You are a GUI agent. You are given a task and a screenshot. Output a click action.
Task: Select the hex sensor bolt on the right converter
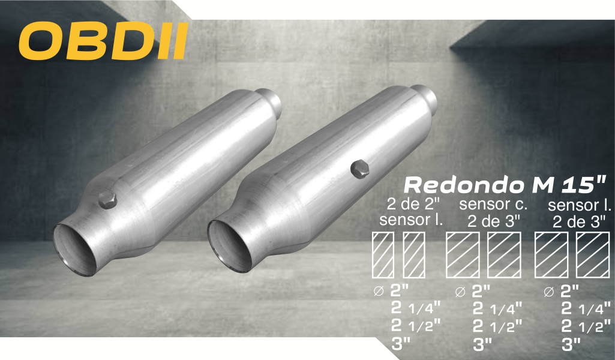coord(359,169)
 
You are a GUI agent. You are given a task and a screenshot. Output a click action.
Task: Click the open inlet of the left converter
coord(75,250)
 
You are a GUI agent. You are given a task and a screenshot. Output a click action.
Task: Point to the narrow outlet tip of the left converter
coord(270,102)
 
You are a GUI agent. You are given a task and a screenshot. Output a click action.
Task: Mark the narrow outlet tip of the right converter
coord(425,98)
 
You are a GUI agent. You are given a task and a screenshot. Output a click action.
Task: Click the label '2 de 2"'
coord(413,205)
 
